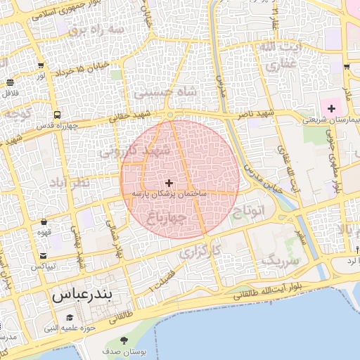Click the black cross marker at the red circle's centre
pyautogui.click(x=169, y=182)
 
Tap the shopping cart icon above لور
pyautogui.click(x=41, y=65)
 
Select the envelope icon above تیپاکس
pyautogui.click(x=44, y=256)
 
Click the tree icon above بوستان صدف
pyautogui.click(x=124, y=340)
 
